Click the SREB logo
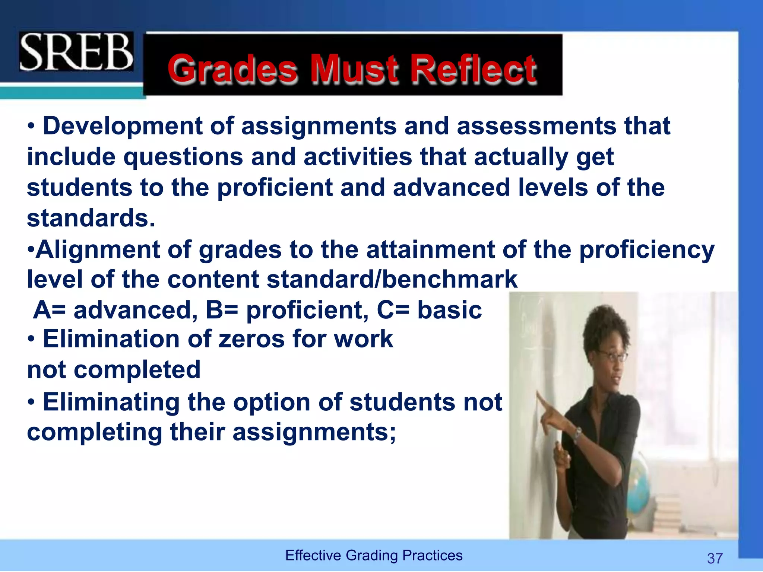pos(76,52)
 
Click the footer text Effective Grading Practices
pos(374,555)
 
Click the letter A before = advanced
pos(42,310)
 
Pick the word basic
pos(449,310)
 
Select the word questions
pos(183,157)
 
